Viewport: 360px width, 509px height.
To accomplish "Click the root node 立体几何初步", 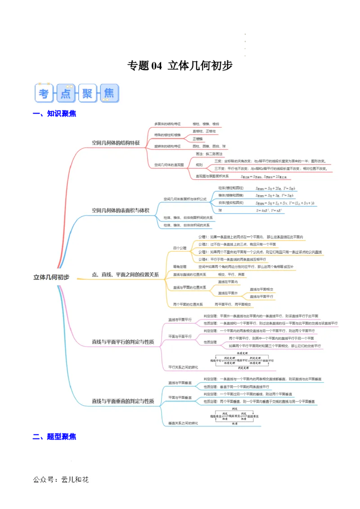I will (51, 277).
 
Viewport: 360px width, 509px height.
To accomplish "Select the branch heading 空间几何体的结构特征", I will (116, 143).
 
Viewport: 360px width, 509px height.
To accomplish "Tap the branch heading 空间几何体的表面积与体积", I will (120, 210).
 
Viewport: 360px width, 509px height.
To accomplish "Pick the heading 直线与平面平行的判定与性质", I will (123, 342).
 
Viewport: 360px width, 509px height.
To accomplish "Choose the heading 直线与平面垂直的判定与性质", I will (123, 401).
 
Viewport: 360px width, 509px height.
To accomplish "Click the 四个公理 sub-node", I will (180, 248).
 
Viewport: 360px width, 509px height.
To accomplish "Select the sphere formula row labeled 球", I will (220, 210).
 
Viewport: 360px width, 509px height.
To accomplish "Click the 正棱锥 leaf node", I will (198, 138).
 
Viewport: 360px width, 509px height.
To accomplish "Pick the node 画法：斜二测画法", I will (209, 154).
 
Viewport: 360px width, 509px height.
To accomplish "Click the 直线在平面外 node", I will (228, 293).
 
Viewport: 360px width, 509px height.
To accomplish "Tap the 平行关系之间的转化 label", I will (183, 367).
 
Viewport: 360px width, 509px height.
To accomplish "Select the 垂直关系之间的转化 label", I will (183, 423).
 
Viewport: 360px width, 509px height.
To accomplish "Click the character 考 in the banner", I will (44, 94).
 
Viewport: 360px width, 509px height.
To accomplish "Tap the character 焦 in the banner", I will (109, 94).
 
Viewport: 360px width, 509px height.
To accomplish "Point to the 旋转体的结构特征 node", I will (167, 146).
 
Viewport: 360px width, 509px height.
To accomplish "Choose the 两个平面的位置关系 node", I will (188, 304).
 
